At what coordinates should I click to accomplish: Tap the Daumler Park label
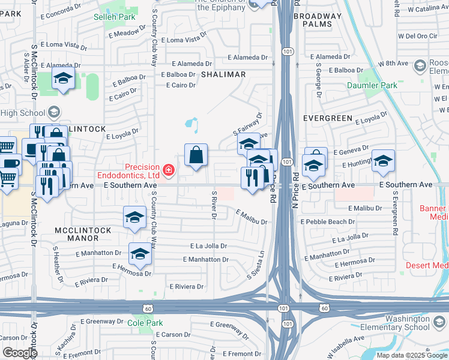coord(372,86)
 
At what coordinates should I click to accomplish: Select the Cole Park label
coord(145,323)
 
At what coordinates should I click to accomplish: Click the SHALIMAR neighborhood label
coord(223,74)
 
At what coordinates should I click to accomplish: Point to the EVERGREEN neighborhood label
coord(327,118)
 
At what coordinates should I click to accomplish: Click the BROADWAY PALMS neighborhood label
coord(318,20)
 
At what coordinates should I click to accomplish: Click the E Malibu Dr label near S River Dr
coord(251,217)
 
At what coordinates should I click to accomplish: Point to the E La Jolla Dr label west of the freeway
coord(208,246)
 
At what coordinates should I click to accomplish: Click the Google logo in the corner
coord(19,353)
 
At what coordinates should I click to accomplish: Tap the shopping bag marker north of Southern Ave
coord(196,155)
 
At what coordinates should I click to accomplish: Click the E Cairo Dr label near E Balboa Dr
coord(181,85)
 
